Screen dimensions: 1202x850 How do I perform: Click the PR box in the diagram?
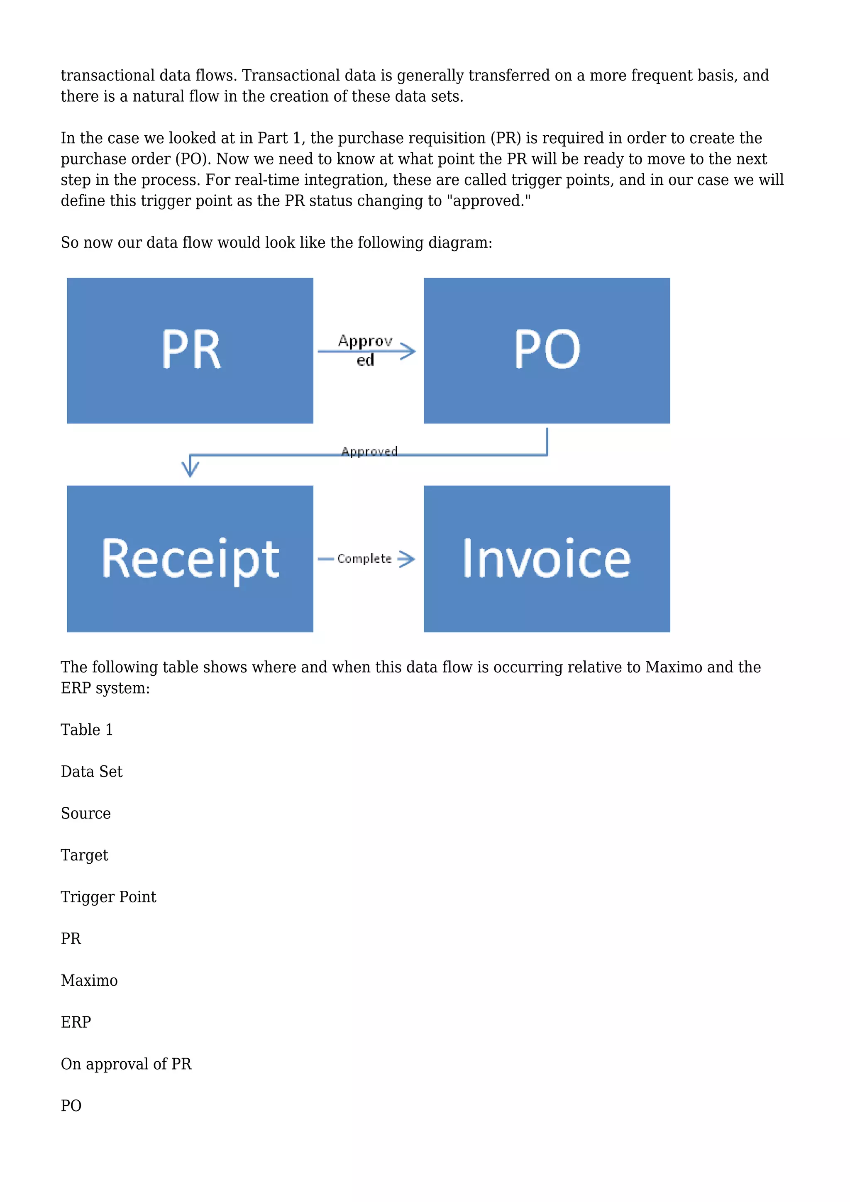[x=190, y=350]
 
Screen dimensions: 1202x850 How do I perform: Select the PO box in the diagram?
[x=547, y=350]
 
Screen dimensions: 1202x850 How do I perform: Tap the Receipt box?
[x=190, y=559]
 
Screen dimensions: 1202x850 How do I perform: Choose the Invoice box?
[x=547, y=559]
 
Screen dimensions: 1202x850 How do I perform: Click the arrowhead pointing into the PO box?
[x=409, y=351]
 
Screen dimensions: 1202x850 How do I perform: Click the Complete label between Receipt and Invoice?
[x=364, y=559]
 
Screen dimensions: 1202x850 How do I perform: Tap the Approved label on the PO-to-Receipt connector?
[x=369, y=451]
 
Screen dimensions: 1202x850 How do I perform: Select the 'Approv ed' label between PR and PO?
[x=365, y=350]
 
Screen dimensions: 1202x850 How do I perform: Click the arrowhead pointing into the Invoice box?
[x=408, y=559]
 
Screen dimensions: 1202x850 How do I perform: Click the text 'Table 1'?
[x=87, y=729]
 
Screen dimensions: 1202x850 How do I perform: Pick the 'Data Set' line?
[x=92, y=771]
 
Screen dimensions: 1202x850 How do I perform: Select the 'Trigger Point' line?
[x=108, y=897]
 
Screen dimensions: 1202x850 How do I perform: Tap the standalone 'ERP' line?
[x=76, y=1022]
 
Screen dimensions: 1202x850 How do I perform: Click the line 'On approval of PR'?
[x=126, y=1064]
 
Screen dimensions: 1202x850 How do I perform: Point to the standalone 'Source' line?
[x=86, y=813]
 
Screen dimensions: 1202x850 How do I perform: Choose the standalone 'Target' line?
[x=84, y=855]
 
